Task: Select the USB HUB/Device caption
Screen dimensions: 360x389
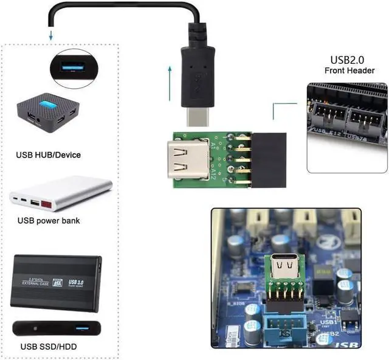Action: [x=48, y=154]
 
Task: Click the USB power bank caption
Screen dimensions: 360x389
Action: [x=49, y=221]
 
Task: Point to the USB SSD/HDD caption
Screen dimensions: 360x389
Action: [x=48, y=347]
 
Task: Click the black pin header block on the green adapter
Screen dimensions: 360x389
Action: [x=267, y=162]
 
